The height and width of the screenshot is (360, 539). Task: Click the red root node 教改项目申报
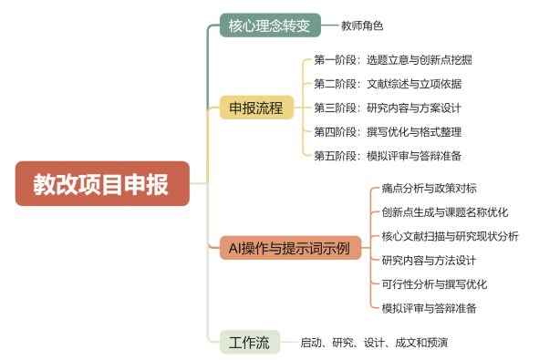click(x=101, y=184)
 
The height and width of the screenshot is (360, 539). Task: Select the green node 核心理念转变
click(x=270, y=25)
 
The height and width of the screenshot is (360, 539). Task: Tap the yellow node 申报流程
click(x=255, y=108)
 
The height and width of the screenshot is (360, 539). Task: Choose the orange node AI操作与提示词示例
click(x=289, y=247)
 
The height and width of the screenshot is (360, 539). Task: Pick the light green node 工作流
click(x=249, y=343)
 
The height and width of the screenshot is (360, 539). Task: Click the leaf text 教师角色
click(x=362, y=26)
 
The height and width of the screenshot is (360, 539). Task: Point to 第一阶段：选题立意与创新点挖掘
click(x=392, y=60)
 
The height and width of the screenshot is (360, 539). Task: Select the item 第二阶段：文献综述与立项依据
click(x=387, y=84)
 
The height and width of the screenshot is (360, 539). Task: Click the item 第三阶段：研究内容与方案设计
click(x=387, y=108)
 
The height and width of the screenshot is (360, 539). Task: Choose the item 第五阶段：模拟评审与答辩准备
click(x=387, y=155)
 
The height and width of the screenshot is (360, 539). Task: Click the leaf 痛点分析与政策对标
click(x=429, y=189)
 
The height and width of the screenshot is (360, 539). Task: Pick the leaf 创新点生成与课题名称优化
click(x=445, y=212)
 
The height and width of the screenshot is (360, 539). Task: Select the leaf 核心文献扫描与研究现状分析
click(x=451, y=236)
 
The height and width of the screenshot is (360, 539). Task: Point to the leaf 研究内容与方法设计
click(x=429, y=260)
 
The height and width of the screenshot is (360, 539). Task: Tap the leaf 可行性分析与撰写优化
click(x=434, y=283)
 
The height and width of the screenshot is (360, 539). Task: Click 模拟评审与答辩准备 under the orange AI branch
click(x=429, y=307)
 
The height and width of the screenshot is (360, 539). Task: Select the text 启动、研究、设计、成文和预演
click(x=374, y=343)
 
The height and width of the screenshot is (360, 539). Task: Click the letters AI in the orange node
click(x=236, y=247)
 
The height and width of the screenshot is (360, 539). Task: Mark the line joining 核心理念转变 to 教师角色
click(x=330, y=26)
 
